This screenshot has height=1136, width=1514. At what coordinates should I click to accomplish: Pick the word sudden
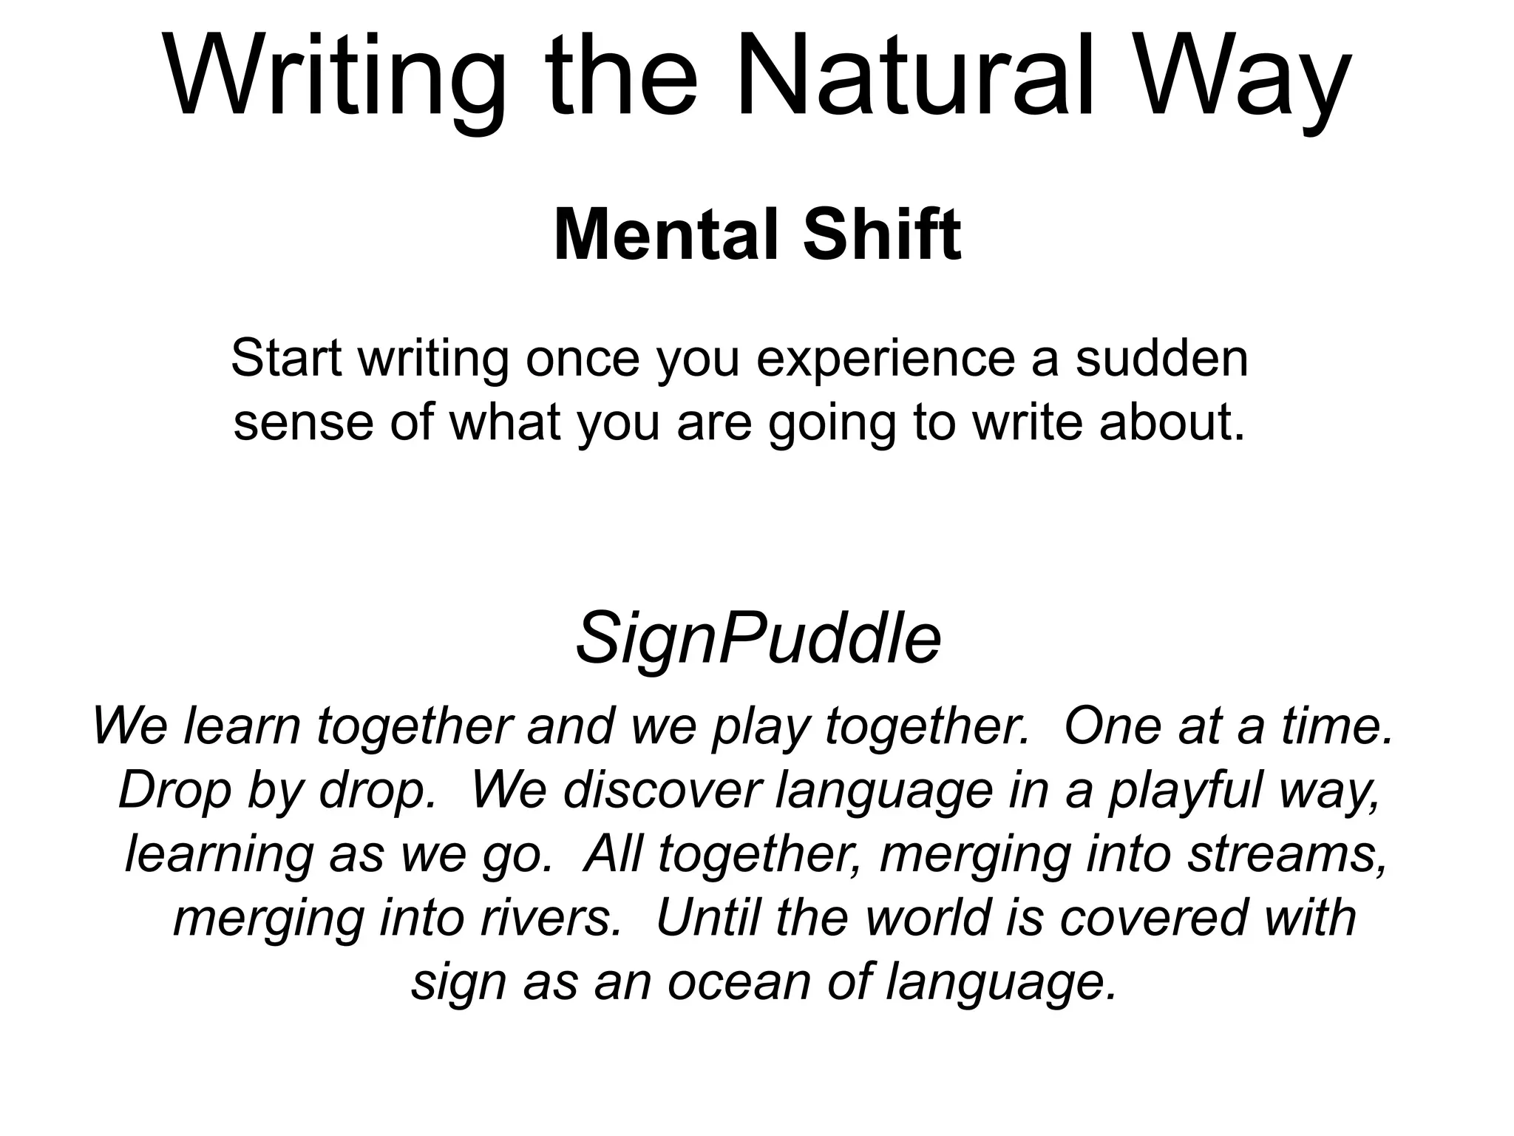pyautogui.click(x=1161, y=358)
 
